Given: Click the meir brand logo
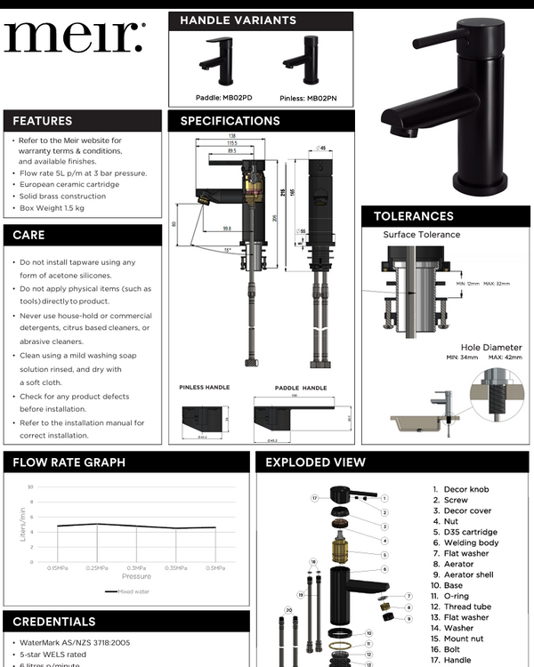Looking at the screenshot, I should [x=73, y=37].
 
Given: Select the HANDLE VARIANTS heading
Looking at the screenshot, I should [x=238, y=20].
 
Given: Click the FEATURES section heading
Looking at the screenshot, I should [x=43, y=121].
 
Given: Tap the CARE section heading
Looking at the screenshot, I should [x=28, y=235].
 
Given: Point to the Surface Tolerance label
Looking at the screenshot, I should [x=422, y=235].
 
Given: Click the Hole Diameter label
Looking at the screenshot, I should [x=491, y=347].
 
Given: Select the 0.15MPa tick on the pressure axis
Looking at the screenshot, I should [x=58, y=567].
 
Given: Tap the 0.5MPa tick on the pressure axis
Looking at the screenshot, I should [x=214, y=567].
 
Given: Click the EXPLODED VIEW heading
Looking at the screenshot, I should [x=315, y=462].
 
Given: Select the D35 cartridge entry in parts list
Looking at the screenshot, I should [x=470, y=532].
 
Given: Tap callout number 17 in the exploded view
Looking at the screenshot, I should [x=315, y=498].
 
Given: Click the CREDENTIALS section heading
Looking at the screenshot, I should [x=54, y=622].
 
